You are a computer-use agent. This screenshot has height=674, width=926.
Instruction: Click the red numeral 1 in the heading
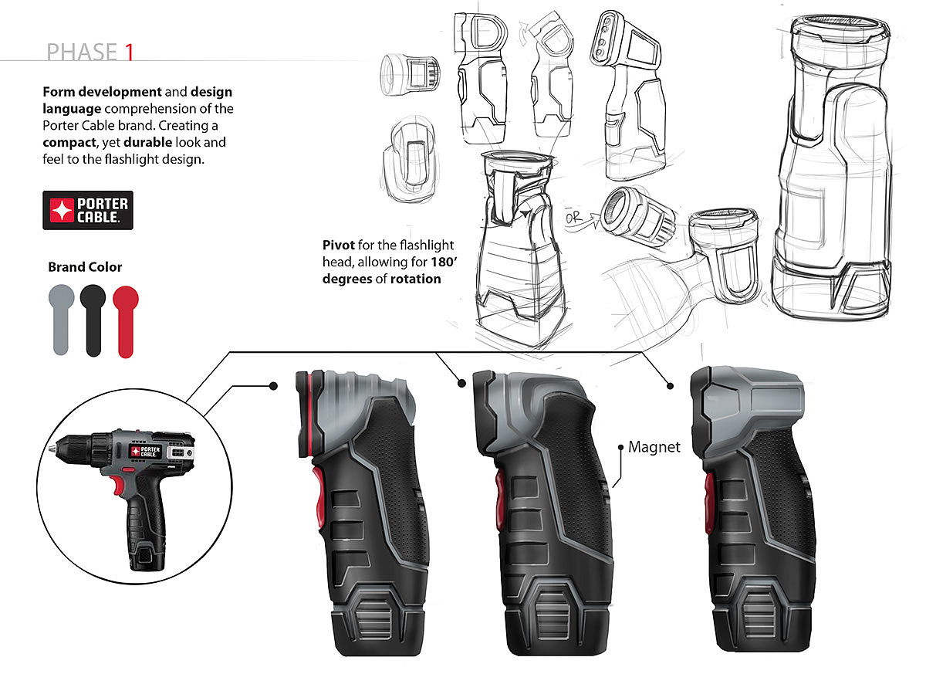click(130, 52)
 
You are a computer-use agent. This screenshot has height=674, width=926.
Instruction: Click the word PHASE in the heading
click(81, 52)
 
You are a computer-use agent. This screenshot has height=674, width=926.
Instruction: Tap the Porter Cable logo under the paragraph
click(88, 210)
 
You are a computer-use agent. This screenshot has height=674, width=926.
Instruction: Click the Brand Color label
click(85, 267)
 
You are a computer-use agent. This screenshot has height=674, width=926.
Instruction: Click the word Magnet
click(654, 447)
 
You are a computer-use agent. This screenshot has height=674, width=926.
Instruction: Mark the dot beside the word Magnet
click(621, 447)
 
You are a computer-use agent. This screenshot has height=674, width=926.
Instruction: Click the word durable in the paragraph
click(147, 144)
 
